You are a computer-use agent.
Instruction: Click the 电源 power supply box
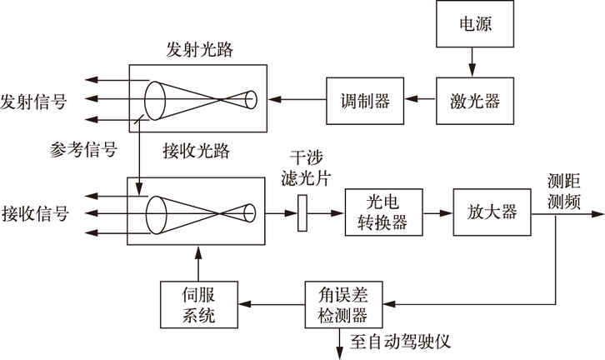pos(472,24)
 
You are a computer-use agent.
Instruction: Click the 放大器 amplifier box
pos(492,212)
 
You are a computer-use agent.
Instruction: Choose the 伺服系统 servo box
pos(197,304)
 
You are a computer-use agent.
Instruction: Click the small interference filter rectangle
pos(302,212)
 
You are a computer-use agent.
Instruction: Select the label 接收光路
pos(197,152)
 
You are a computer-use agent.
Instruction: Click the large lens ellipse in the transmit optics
pos(155,101)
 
